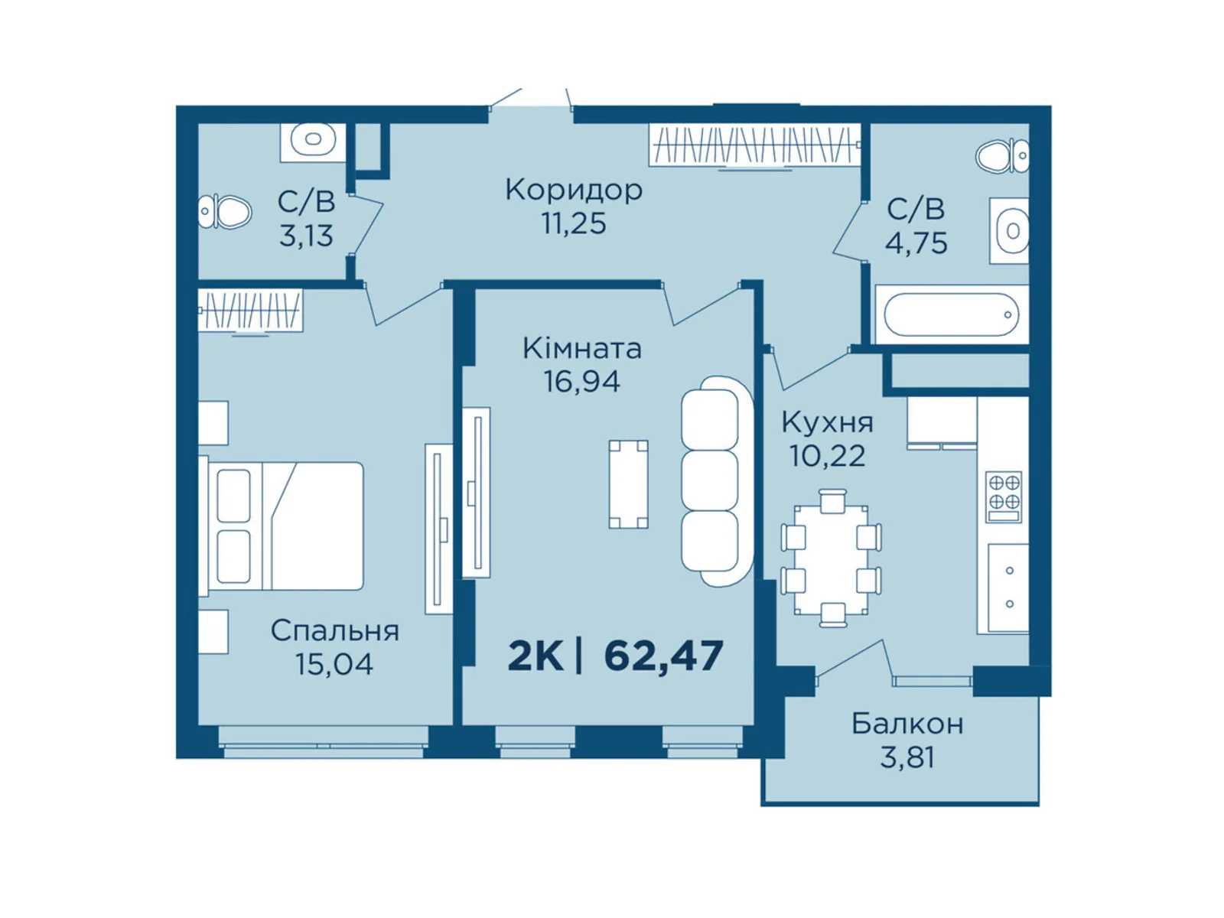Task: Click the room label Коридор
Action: [573, 190]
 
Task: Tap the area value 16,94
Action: [581, 381]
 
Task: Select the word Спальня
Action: [334, 631]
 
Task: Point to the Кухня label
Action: [827, 422]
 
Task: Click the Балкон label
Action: [907, 724]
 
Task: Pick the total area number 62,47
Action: [663, 656]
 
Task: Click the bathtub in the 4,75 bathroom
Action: [951, 314]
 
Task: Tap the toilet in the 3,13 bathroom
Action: [225, 211]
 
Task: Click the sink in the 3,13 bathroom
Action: [312, 140]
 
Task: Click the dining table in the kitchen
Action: [831, 559]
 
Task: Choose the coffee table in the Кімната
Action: [628, 484]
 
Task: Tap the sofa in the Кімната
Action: [713, 480]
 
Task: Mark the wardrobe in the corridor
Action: [754, 145]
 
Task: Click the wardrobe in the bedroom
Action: [250, 311]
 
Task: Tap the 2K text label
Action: [535, 656]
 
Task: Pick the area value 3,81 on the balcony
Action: [907, 757]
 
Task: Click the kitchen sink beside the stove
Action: [1008, 588]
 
